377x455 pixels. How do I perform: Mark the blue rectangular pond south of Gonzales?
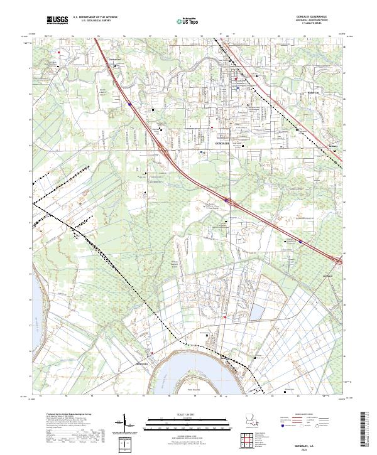tap(257, 312)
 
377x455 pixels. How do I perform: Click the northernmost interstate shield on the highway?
tap(129, 104)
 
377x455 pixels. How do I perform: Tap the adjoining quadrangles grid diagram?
tap(250, 441)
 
